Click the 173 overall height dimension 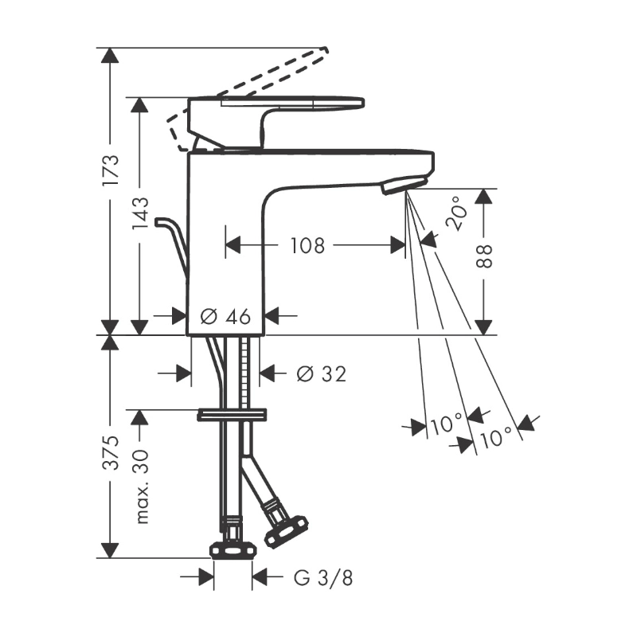[110, 170]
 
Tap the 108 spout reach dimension [307, 245]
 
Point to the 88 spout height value [483, 256]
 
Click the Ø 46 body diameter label [225, 315]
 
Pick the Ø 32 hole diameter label [321, 373]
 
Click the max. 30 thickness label [140, 487]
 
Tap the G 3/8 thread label [323, 578]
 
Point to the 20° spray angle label [455, 213]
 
